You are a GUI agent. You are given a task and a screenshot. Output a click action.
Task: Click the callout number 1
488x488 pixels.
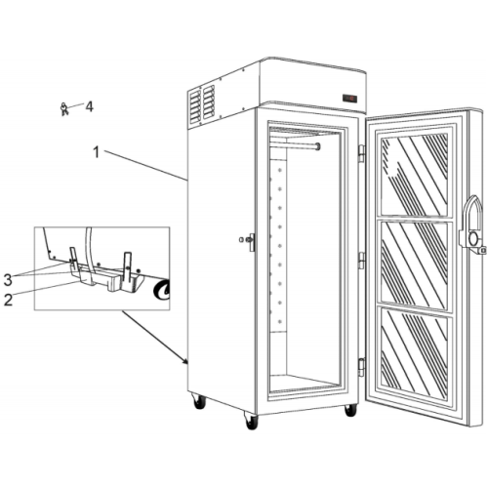coord(96,152)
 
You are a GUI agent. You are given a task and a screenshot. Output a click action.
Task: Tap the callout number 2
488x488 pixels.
coord(8,300)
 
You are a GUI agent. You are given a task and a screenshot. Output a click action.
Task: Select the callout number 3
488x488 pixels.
coord(8,280)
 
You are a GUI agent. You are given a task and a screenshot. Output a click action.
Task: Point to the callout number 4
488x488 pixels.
coord(89,106)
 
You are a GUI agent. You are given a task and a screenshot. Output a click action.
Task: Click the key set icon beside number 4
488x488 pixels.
coord(64,108)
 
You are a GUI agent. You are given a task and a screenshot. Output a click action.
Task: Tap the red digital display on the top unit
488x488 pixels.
coord(349,98)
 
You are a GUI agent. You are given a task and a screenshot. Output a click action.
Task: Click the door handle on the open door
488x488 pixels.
coord(471,225)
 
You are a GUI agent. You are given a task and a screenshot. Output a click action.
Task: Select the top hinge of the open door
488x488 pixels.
coord(361,153)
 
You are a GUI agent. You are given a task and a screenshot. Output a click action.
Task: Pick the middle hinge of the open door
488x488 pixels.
coord(361,261)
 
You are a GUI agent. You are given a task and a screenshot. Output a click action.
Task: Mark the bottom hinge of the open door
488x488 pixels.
coord(361,367)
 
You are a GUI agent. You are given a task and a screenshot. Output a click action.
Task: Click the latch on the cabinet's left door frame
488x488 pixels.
coord(249,241)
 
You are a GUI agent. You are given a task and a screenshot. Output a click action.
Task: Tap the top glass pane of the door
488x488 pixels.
coord(414,175)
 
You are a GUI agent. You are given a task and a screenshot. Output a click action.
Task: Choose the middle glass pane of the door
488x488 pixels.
coord(415,267)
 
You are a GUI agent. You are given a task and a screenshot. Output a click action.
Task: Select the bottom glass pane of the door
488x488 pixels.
coord(415,354)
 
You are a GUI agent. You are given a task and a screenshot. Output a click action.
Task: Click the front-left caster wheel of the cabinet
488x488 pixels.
coord(252,421)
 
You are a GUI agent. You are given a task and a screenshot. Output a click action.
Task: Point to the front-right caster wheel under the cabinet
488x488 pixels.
coord(350,410)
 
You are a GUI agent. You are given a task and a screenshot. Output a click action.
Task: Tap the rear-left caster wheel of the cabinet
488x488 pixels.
coord(198,401)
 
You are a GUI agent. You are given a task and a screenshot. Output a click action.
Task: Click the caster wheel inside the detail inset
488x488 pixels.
coord(162,290)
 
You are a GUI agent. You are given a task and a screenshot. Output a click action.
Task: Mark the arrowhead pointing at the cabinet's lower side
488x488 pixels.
coord(185,361)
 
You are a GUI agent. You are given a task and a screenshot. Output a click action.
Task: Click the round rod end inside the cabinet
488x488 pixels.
coord(317,146)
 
